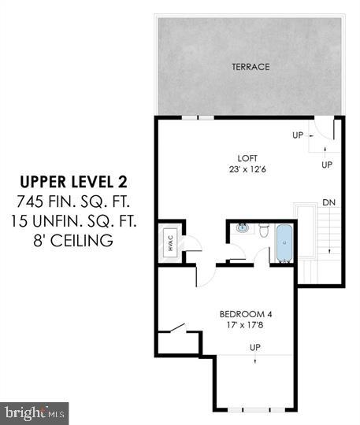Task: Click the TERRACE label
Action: tap(251, 67)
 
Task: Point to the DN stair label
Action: tap(328, 203)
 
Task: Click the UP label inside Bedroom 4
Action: tap(254, 347)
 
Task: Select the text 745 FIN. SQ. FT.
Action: tap(72, 202)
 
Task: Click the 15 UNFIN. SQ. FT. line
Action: tap(72, 221)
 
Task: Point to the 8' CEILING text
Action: tap(72, 239)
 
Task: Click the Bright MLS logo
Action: tap(35, 412)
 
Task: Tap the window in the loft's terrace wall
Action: tap(197, 117)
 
